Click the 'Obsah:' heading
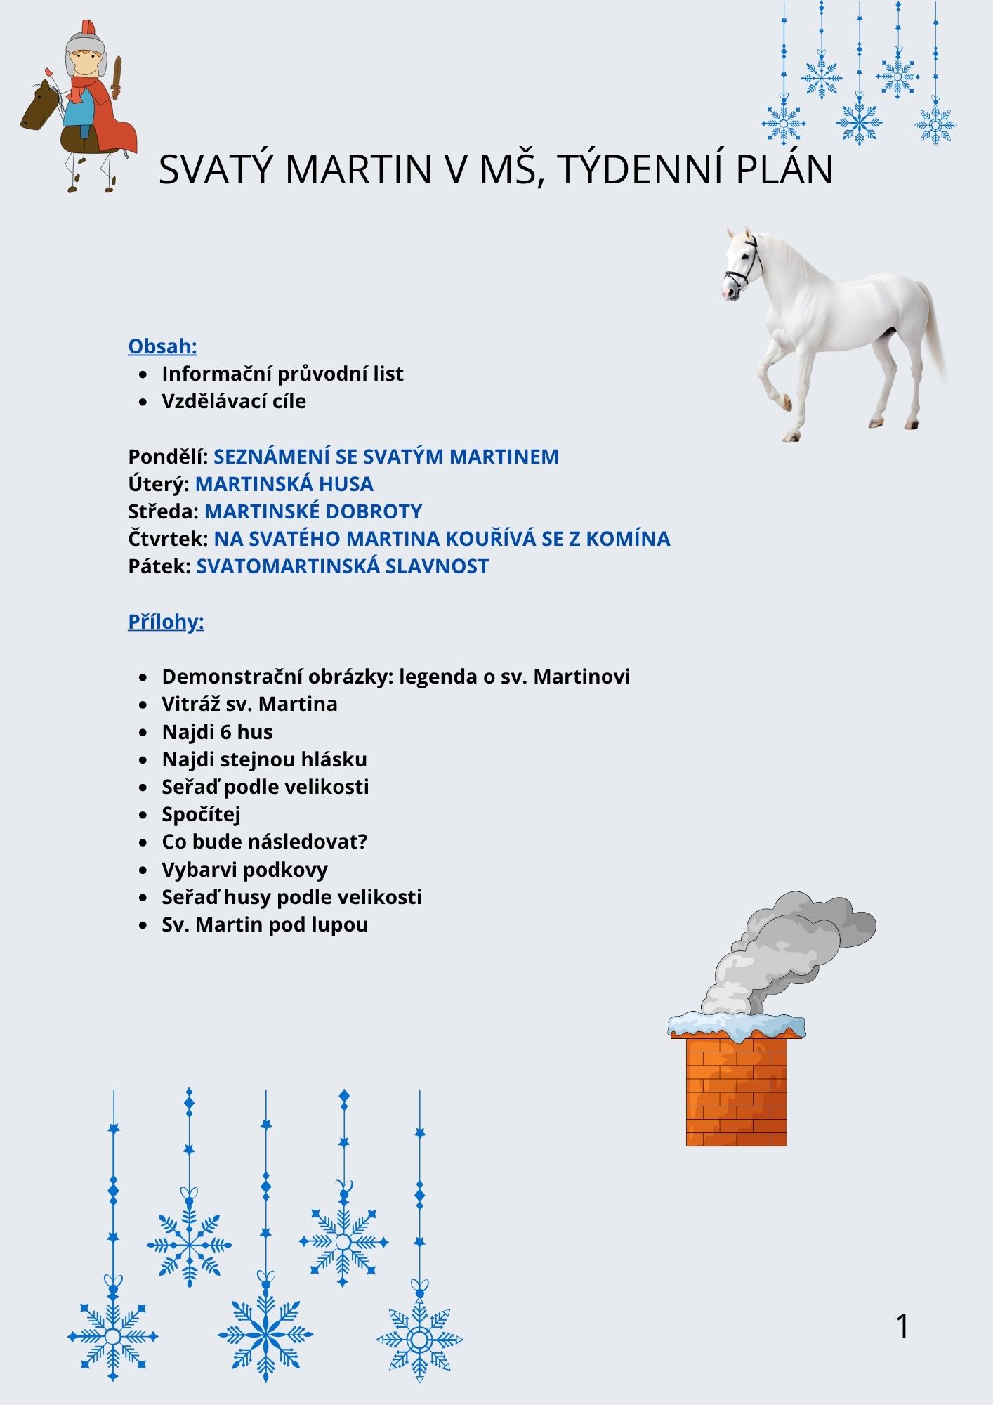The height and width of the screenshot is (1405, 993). (x=162, y=346)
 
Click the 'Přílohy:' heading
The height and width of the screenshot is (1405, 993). (x=166, y=622)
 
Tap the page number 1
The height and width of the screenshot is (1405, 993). (x=902, y=1326)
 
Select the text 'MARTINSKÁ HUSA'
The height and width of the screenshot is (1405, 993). (x=284, y=484)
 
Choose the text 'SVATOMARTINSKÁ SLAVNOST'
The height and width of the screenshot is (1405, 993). (x=342, y=566)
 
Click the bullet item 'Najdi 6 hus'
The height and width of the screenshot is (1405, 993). (x=217, y=732)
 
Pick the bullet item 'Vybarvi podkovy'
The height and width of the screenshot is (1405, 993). (x=244, y=870)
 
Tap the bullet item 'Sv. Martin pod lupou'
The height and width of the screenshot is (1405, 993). (x=265, y=924)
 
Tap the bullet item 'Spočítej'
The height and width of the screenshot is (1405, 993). (x=201, y=814)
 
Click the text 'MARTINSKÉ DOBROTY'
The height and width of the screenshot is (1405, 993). (x=313, y=511)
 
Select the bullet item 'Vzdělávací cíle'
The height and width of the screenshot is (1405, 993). (x=234, y=401)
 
